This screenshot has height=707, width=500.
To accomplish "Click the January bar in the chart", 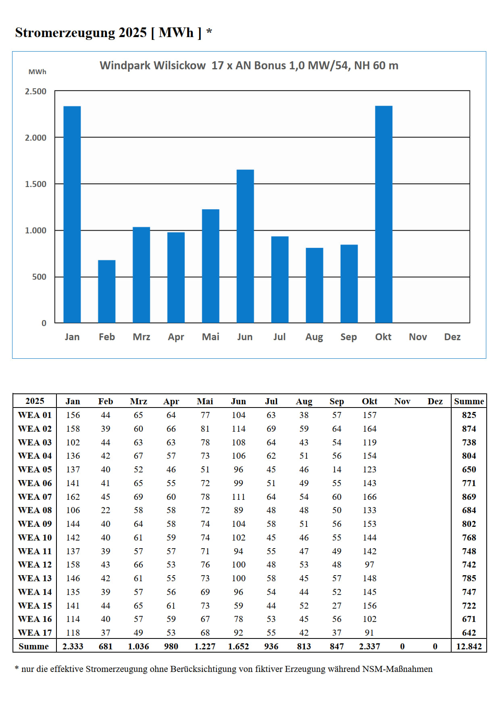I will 72,214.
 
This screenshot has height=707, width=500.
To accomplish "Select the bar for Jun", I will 245,246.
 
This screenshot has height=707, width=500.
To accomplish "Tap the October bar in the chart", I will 383,214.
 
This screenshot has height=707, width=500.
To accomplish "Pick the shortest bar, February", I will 107,291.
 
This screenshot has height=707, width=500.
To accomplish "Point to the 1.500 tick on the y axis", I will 36,184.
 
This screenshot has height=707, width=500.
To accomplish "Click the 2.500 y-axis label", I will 36,91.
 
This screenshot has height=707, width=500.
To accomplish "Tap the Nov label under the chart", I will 418,337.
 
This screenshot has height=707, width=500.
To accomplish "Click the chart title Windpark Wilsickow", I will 153,65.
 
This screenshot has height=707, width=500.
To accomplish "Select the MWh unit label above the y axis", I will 37,72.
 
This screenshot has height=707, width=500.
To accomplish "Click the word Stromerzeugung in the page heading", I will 65,32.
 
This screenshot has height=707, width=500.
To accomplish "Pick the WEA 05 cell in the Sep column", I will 337,470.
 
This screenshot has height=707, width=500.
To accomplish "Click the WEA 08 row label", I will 35,510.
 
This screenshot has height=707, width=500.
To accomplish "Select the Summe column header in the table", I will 469,401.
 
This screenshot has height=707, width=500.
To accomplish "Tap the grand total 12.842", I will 469,647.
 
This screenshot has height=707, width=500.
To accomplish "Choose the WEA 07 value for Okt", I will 369,497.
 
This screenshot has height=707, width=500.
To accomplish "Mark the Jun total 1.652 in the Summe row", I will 238,647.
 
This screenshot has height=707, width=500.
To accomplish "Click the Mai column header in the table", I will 205,401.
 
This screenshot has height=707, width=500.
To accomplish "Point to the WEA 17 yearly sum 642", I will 469,633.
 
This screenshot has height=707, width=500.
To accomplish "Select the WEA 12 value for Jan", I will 73,565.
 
